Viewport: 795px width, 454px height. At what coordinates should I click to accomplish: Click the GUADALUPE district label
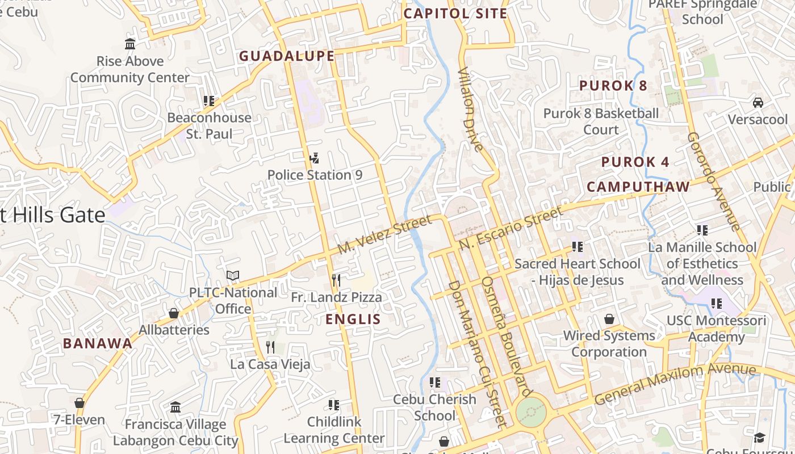coord(287,56)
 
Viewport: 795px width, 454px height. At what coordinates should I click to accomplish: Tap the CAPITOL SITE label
coord(455,14)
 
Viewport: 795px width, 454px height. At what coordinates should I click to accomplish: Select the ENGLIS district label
coord(353,319)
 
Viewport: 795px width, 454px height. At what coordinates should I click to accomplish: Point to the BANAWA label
coord(98,343)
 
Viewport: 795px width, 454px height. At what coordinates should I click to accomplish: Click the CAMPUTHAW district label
coord(638,187)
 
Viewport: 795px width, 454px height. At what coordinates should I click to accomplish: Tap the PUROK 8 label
coord(613,86)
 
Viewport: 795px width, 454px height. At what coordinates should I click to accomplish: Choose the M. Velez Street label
coord(385,235)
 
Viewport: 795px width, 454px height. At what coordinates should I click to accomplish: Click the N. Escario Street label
coord(511,228)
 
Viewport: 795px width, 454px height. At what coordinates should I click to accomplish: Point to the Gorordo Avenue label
coord(714,182)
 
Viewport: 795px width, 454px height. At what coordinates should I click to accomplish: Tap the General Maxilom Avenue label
coord(675,384)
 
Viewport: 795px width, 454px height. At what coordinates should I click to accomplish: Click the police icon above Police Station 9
coord(314,158)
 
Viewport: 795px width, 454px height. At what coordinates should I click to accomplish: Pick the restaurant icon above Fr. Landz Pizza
coord(336,280)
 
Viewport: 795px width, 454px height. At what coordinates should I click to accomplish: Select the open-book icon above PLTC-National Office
coord(233,276)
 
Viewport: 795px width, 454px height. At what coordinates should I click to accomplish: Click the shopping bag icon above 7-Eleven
coord(79,403)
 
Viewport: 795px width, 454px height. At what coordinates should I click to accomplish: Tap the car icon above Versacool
coord(758,103)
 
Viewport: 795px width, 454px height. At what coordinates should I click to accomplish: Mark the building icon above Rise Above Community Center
coord(130,44)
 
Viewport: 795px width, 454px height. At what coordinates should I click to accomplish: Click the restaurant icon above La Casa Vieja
coord(270,347)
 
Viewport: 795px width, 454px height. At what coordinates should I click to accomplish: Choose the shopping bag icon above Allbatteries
coord(174,313)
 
